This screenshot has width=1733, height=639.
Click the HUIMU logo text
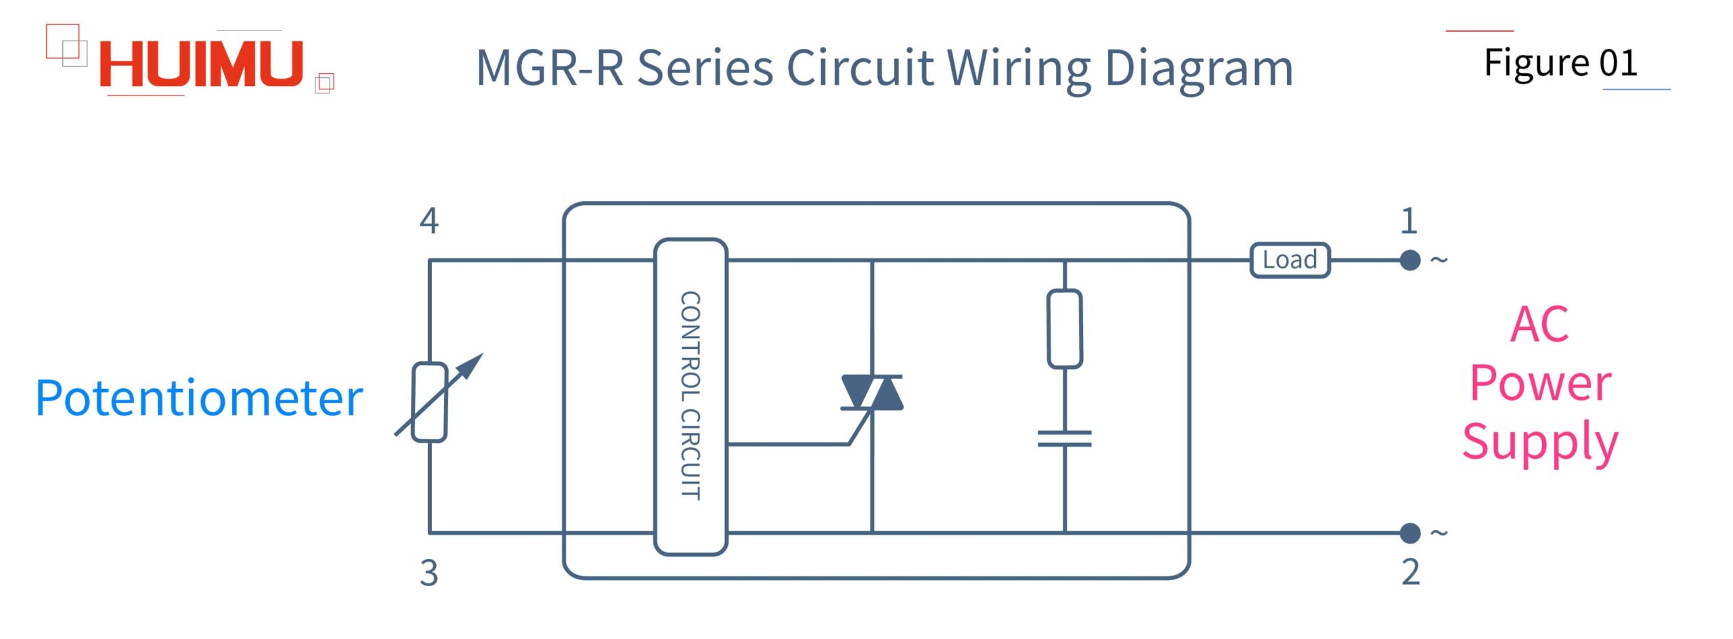[201, 65]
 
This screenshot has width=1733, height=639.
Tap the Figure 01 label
[1560, 63]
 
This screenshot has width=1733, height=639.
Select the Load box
[1290, 260]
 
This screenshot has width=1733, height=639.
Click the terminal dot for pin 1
[1410, 260]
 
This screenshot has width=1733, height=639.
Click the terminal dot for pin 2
[1410, 533]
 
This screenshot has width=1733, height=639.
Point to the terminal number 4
[429, 221]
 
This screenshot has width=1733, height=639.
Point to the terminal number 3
[429, 573]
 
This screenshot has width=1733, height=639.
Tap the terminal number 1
[1409, 221]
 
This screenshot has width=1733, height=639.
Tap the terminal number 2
[1410, 572]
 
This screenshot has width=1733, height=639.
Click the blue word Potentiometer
[199, 398]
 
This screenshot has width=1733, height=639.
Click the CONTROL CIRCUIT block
[690, 397]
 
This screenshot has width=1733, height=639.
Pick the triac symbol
[872, 393]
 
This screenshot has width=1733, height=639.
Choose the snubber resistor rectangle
[1065, 329]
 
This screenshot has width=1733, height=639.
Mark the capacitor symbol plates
[1065, 439]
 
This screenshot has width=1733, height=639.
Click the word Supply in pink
[1540, 442]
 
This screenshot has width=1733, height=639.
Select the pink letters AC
[1539, 325]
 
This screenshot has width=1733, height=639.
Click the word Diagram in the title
[1199, 69]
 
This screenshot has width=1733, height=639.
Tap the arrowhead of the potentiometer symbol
[474, 363]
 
